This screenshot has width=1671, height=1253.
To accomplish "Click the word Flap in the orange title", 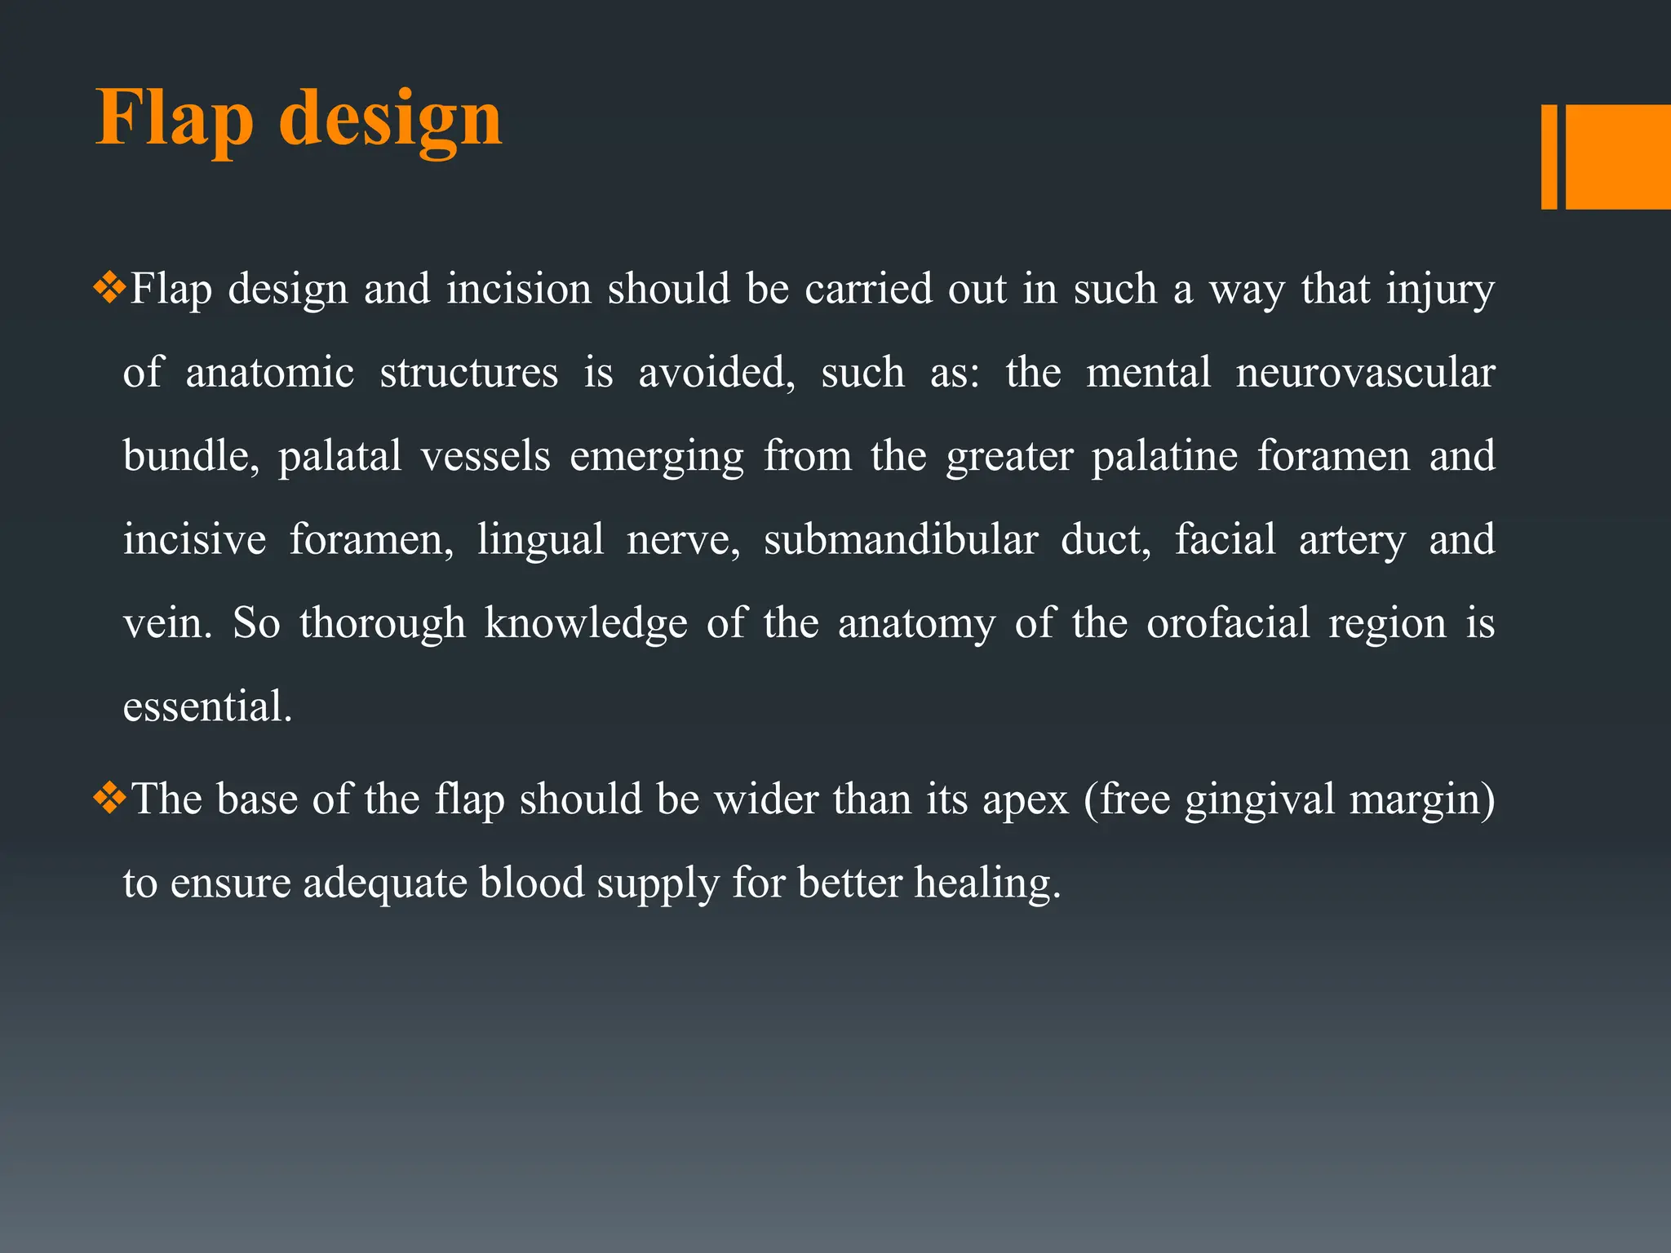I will pyautogui.click(x=175, y=120).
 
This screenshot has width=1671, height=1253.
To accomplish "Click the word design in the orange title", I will pyautogui.click(x=390, y=120).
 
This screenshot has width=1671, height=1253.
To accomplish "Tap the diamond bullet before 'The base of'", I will pyautogui.click(x=109, y=799).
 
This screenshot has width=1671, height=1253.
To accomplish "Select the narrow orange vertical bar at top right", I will pyautogui.click(x=1549, y=157).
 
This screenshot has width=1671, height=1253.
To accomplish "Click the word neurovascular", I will pyautogui.click(x=1365, y=373).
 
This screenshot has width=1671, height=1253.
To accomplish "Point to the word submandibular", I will pyautogui.click(x=901, y=540).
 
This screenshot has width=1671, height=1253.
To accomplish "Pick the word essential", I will pyautogui.click(x=207, y=706).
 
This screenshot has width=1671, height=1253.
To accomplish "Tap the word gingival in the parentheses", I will pyautogui.click(x=1259, y=800).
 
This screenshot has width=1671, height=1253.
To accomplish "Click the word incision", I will pyautogui.click(x=518, y=289).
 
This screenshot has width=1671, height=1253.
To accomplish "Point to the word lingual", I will pyautogui.click(x=540, y=540).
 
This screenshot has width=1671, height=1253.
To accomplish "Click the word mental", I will pyautogui.click(x=1148, y=373).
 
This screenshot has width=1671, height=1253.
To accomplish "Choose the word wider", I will pyautogui.click(x=766, y=799).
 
